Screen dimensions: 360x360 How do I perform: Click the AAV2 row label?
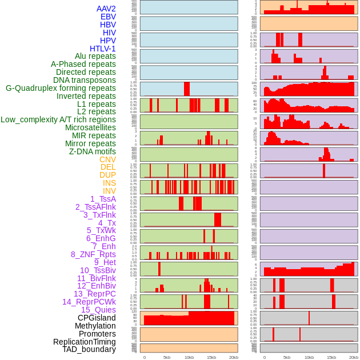106,9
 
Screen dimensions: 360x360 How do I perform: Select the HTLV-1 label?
103,49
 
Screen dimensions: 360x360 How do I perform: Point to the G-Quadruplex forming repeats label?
61,88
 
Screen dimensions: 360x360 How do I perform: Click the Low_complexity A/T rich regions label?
58,119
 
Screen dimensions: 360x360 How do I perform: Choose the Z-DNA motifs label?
93,151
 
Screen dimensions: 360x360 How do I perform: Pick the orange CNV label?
107,159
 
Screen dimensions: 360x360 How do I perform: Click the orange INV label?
109,191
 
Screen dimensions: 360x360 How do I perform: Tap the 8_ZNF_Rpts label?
93,254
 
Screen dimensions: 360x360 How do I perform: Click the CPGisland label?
97,318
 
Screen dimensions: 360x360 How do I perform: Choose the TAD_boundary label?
89,349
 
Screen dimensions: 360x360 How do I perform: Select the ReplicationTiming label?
84,342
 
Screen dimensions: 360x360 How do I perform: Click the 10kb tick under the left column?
189,357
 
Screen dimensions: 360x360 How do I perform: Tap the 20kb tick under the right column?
354,357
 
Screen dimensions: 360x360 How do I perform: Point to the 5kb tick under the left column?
167,357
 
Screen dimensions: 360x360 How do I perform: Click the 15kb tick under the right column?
331,357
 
